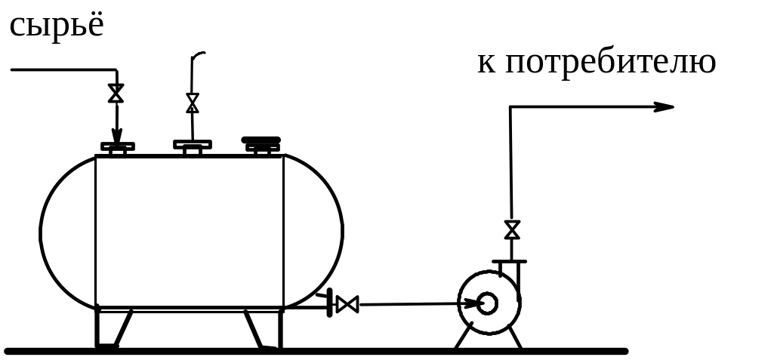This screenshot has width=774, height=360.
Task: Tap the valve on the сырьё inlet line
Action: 116,93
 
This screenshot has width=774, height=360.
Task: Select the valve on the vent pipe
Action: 193,103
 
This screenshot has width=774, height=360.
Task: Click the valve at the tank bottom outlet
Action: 347,304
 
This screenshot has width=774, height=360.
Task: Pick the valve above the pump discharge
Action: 512,229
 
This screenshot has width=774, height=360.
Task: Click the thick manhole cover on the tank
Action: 261,140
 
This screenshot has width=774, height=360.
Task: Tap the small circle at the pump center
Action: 487,303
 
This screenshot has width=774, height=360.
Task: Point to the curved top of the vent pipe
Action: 198,54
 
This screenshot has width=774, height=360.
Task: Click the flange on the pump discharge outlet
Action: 510,262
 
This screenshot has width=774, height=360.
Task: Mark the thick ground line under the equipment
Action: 317,351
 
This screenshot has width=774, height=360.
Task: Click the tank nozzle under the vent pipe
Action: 193,146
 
